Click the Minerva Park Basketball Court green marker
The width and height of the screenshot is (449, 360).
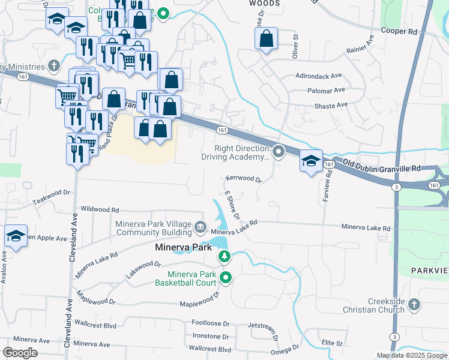226,277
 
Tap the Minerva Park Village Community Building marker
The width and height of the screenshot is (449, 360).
200,227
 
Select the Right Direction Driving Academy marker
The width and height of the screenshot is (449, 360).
279,151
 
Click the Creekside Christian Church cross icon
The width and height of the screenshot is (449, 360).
414,305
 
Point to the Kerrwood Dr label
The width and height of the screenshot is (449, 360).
244,179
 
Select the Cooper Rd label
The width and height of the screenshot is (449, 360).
399,30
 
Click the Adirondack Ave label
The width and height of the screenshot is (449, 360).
318,76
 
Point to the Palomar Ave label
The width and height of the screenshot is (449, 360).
327,91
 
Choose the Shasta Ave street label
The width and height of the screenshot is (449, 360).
331,105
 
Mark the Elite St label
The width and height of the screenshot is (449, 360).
331,343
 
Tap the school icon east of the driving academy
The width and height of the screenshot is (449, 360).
311,161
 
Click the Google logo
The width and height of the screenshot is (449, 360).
20,353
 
